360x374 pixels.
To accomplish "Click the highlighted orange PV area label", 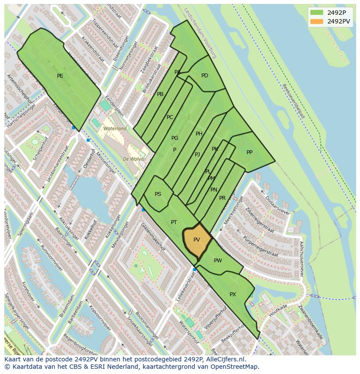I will point(197,240).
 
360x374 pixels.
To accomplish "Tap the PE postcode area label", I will point(60,76).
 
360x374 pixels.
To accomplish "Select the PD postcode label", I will point(205,76).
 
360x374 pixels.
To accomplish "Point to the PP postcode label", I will point(250,152).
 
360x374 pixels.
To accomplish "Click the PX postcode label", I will point(233,295).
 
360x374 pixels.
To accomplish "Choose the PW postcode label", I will point(218,261).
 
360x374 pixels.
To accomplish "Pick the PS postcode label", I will point(158,194).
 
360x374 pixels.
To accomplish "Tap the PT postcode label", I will point(174,222).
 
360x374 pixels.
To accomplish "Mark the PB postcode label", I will point(160,94).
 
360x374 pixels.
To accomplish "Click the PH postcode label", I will point(199,134).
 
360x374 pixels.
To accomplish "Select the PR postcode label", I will point(222,198).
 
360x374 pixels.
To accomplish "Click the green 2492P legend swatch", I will point(317,12).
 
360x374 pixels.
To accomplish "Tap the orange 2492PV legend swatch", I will point(317,21).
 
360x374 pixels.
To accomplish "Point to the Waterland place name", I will point(115,129).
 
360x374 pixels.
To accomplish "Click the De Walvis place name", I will point(133,159).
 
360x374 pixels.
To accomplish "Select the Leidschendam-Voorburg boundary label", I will point(200,33).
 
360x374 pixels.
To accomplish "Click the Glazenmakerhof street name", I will point(153,237).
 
